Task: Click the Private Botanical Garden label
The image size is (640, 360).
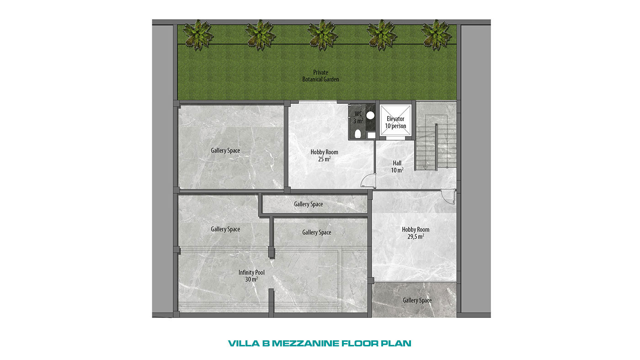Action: pyautogui.click(x=320, y=76)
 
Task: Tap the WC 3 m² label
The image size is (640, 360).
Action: pyautogui.click(x=358, y=117)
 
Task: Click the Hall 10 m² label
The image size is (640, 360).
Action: pyautogui.click(x=397, y=167)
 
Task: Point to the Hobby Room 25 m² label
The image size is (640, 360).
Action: pyautogui.click(x=324, y=156)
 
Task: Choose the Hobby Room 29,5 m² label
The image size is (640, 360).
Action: pyautogui.click(x=416, y=233)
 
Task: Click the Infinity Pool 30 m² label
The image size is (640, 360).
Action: pyautogui.click(x=251, y=276)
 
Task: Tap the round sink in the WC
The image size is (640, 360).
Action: pyautogui.click(x=371, y=115)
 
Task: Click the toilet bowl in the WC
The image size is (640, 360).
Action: pyautogui.click(x=357, y=134)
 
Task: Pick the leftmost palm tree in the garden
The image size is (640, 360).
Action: pyautogui.click(x=197, y=35)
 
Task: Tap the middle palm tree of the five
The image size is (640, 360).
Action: pyautogui.click(x=322, y=35)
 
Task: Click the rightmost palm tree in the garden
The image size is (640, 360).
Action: pyautogui.click(x=436, y=35)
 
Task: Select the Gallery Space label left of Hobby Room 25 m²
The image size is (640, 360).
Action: pyautogui.click(x=225, y=150)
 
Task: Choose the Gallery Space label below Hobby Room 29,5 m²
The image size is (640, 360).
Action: pyautogui.click(x=417, y=300)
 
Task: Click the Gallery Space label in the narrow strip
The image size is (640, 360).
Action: pyautogui.click(x=308, y=204)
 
